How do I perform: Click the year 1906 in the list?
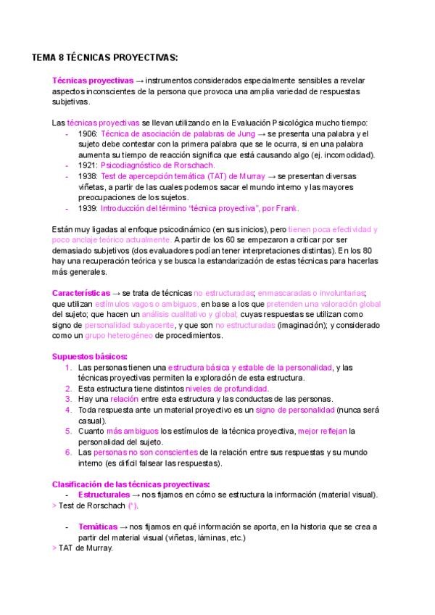88,134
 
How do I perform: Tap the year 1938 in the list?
88,176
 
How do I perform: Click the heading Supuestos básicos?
90,356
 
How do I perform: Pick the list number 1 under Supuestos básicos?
67,368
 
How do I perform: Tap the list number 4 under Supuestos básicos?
67,410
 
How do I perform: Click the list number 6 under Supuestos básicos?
67,452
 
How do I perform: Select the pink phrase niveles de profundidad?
227,389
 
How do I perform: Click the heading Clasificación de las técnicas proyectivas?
131,484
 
